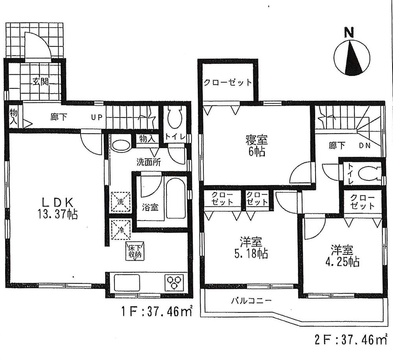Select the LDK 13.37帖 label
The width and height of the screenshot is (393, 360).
(x=57, y=208)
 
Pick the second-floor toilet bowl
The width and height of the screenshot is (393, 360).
(x=369, y=173)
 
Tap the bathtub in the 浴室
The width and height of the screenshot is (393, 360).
(x=175, y=198)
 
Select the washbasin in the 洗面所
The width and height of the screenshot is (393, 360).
(x=120, y=144)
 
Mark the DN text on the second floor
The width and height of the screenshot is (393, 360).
(x=363, y=145)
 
